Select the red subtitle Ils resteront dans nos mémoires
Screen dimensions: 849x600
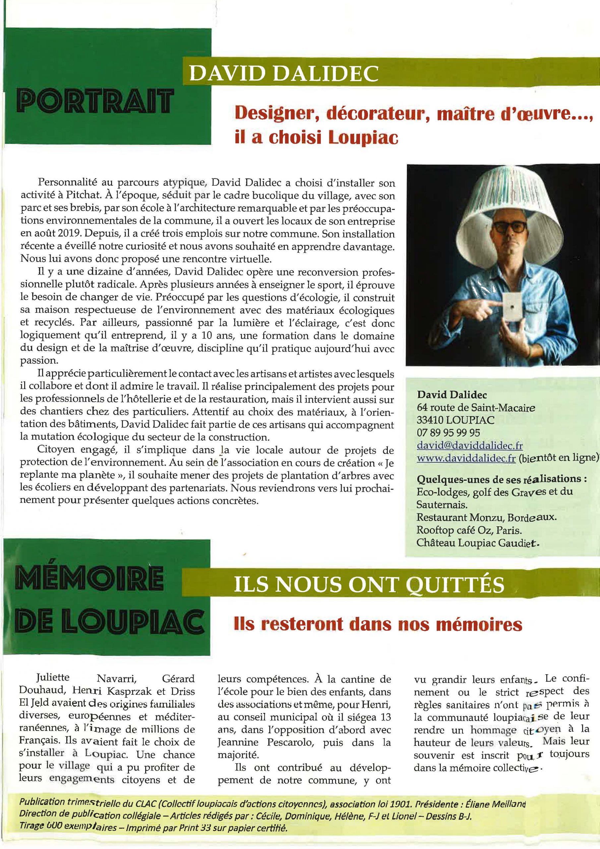[378, 624]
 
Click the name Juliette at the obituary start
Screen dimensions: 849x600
[53, 678]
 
